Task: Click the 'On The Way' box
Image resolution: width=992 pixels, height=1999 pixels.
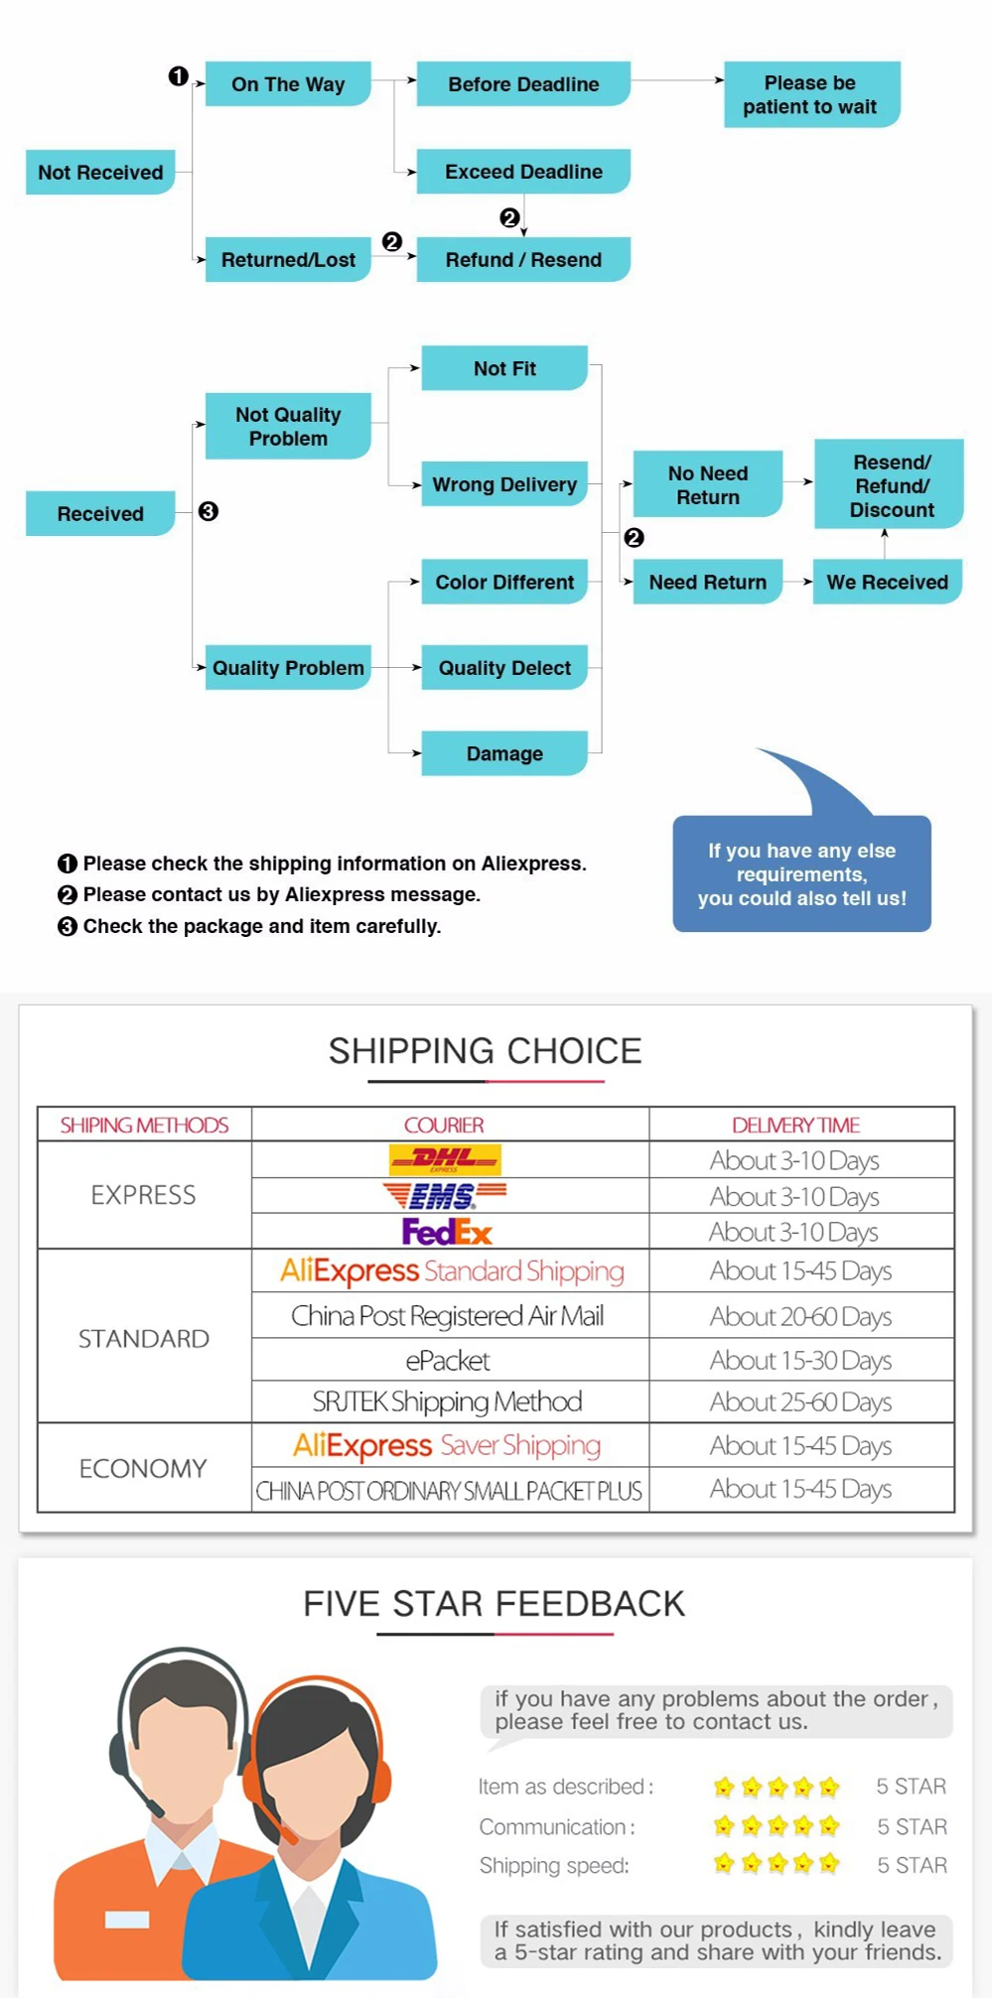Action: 288,84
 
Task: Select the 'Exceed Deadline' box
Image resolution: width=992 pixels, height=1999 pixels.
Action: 523,172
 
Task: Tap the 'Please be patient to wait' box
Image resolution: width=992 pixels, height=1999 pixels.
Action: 810,95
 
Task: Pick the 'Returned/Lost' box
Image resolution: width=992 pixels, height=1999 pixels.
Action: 288,260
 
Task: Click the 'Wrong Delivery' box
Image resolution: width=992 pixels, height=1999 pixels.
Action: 504,484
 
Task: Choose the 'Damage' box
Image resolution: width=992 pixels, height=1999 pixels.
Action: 504,753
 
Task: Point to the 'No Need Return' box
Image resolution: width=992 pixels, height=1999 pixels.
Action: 708,484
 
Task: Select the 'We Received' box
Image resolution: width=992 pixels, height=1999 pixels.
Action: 887,583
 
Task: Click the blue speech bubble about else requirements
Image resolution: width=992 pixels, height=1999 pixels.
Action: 801,873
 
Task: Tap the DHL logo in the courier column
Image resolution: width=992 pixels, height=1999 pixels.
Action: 445,1158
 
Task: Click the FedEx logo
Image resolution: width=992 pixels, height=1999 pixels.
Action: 447,1232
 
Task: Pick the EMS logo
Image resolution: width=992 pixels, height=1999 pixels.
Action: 445,1195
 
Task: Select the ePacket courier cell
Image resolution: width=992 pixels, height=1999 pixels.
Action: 448,1360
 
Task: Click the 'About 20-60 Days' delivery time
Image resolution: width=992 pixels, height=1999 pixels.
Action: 800,1316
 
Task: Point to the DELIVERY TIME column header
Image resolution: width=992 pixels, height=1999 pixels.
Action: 795,1125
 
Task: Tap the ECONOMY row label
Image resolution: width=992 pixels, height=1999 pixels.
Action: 143,1468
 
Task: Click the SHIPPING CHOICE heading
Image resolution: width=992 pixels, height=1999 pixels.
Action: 485,1051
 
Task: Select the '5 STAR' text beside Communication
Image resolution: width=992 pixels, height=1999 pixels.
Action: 912,1826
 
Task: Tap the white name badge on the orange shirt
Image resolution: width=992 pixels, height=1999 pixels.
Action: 127,1919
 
